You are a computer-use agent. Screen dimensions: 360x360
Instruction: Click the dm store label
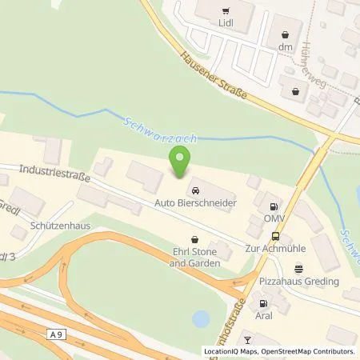coord(286,47)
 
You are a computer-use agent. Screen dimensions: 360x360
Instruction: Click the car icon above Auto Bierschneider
coord(195,190)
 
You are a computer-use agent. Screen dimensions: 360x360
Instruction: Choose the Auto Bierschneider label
coord(195,205)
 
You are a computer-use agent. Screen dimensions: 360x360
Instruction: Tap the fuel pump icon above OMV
coord(274,205)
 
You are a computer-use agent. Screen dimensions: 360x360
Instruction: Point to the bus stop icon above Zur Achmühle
coord(276,236)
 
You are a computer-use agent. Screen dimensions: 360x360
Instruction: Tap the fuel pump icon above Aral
coord(262,303)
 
